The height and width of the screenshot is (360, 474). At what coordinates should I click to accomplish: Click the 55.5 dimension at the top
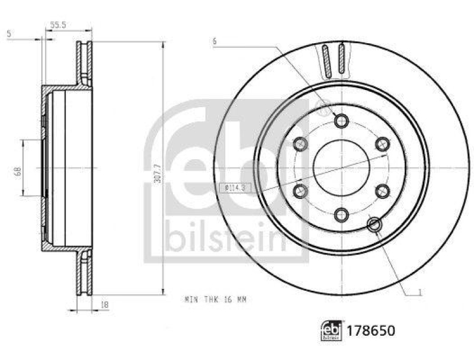click(57, 25)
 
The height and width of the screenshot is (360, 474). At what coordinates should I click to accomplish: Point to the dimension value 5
click(8, 34)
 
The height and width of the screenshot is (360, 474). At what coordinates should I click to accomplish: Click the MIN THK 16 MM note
click(215, 300)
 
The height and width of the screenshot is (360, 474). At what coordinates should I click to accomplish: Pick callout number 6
click(215, 41)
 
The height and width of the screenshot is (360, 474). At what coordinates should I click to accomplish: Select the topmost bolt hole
click(341, 121)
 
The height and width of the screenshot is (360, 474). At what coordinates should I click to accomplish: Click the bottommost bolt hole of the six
click(341, 214)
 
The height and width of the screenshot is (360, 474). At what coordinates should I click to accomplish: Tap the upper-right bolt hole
click(382, 144)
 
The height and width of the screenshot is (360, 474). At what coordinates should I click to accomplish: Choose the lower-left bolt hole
click(300, 191)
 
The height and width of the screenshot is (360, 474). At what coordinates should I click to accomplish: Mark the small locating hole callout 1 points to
click(374, 224)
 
